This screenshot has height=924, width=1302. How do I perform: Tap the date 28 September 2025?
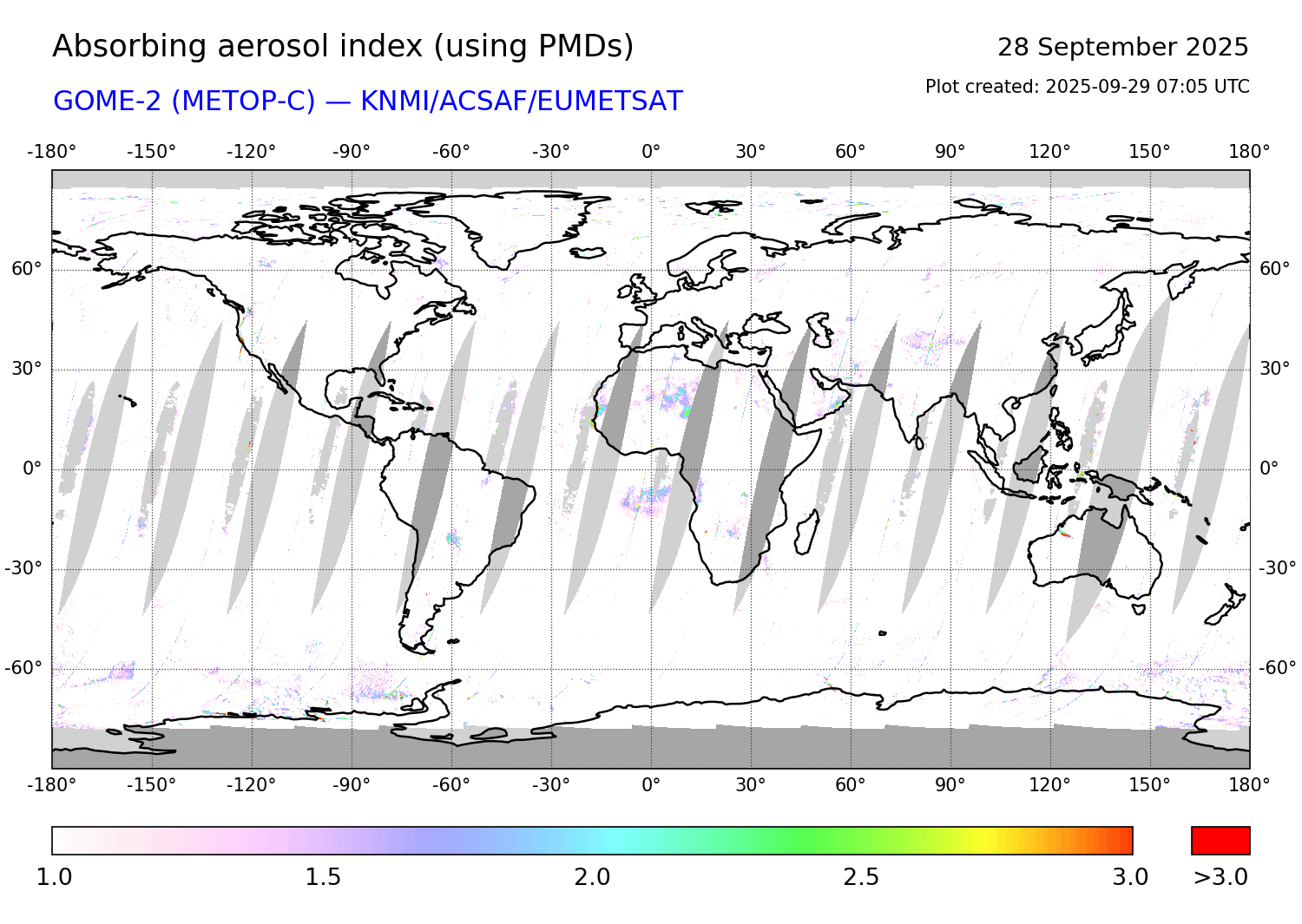(x=1122, y=47)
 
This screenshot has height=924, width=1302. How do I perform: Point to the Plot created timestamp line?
(x=1087, y=87)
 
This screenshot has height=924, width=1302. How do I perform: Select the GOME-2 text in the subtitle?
(x=108, y=102)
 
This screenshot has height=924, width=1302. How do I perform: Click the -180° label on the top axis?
(x=52, y=152)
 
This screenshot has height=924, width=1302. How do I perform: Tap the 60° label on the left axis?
(x=26, y=269)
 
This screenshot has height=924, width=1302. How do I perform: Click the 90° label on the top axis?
(x=950, y=152)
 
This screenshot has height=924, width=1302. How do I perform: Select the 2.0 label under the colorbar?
(x=592, y=877)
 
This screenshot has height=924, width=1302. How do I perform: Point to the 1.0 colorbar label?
(x=54, y=877)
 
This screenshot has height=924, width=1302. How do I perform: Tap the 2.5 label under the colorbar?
(x=861, y=877)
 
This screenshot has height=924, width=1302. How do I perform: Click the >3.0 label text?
(x=1220, y=877)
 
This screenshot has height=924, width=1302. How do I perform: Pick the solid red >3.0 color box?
(x=1220, y=841)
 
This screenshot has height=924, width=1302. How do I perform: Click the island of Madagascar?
(x=807, y=533)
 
